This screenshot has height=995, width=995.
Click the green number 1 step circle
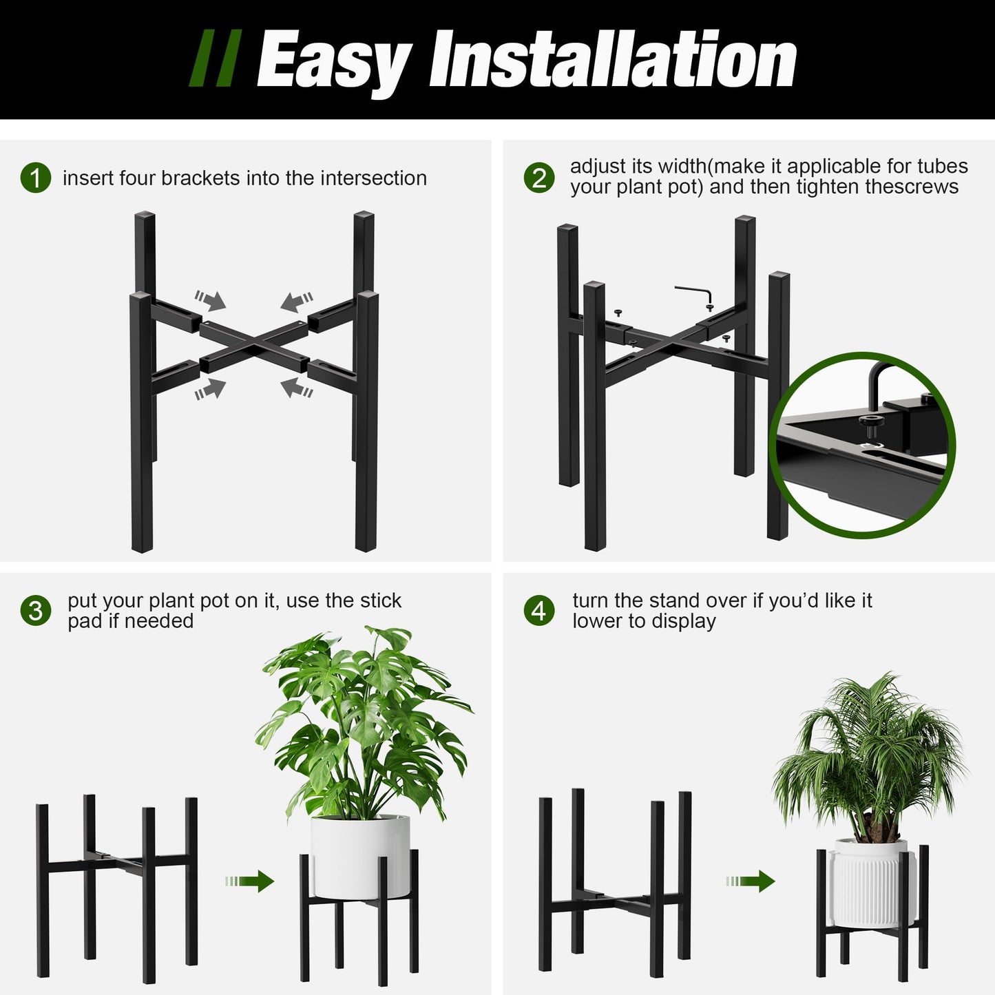click(x=36, y=178)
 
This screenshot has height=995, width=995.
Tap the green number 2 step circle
click(x=538, y=178)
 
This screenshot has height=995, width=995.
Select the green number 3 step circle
click(x=36, y=611)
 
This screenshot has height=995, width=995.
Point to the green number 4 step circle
click(x=538, y=611)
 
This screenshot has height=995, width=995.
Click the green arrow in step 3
click(x=250, y=881)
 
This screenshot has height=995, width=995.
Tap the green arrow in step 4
click(x=751, y=881)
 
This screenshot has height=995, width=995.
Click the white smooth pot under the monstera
click(x=359, y=855)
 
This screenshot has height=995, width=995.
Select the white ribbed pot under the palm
click(x=872, y=883)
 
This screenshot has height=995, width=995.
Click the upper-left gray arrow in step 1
click(x=210, y=300)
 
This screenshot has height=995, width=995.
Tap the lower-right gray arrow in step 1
click(x=297, y=388)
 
